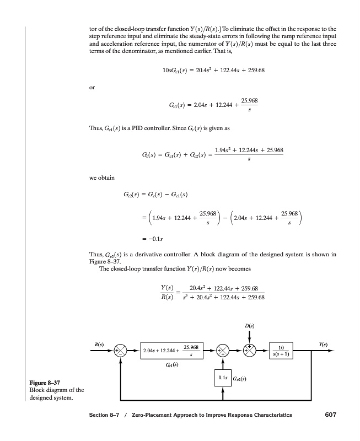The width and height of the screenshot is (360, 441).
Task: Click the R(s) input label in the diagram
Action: tap(100, 345)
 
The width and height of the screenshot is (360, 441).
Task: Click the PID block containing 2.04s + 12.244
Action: tap(173, 351)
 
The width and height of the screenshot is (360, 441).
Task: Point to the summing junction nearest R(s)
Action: tap(121, 351)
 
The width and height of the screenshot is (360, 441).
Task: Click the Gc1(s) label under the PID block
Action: tap(171, 365)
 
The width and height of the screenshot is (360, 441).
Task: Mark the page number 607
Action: tap(329, 415)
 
